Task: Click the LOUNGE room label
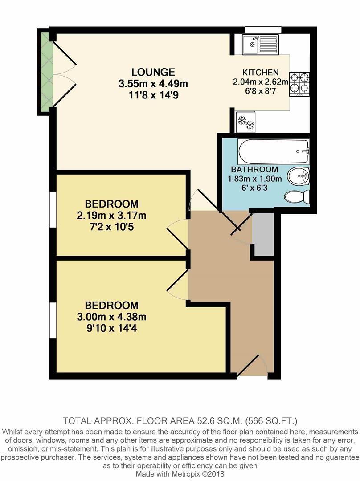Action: [153, 72]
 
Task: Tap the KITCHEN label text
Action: [260, 73]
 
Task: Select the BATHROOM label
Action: [254, 170]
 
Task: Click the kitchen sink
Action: [260, 44]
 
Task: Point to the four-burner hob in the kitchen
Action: [300, 84]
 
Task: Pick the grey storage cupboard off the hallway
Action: [263, 234]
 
